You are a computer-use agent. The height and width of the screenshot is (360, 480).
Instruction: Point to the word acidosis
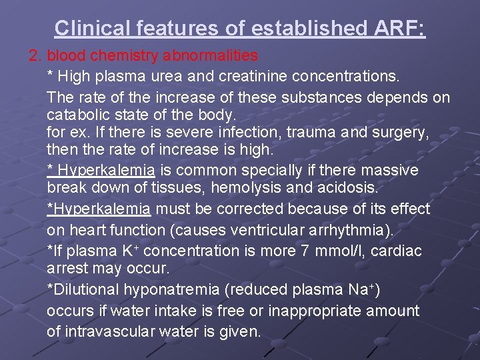point(348,189)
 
